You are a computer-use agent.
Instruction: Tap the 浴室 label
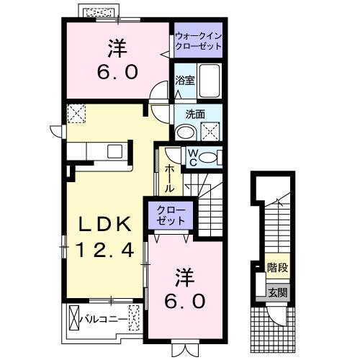coord(184,81)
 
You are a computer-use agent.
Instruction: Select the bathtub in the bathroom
coord(210,81)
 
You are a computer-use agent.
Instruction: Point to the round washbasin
coord(184,132)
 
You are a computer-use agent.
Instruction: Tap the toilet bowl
coord(210,158)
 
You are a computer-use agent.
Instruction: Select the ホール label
coord(168,178)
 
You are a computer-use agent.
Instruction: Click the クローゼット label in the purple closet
coord(172,215)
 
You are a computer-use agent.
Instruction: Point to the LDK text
coord(105,225)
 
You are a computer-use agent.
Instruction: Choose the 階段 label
coord(277,267)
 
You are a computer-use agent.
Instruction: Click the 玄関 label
coord(277,292)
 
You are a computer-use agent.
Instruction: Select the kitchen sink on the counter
coord(114,151)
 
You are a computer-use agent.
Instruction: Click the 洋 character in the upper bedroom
coord(118,49)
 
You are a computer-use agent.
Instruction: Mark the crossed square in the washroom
coord(212,131)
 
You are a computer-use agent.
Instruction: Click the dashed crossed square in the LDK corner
coord(75,113)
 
